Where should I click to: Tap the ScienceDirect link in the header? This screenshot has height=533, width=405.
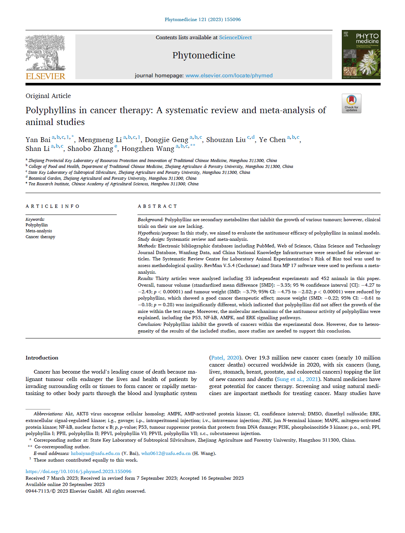pyautogui.click(x=235, y=37)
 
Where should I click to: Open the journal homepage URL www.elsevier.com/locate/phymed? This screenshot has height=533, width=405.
pyautogui.click(x=229, y=75)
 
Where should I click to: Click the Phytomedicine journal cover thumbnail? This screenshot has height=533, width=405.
pyautogui.click(x=361, y=54)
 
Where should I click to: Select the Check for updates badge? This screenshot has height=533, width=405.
pyautogui.click(x=351, y=103)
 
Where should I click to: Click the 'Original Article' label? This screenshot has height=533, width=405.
pyautogui.click(x=48, y=96)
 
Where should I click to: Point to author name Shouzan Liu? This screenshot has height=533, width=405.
pyautogui.click(x=226, y=140)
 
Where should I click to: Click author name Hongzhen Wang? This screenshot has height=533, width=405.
pyautogui.click(x=148, y=149)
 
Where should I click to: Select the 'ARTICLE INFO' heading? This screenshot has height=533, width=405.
pyautogui.click(x=52, y=206)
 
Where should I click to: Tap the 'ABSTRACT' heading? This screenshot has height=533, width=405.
pyautogui.click(x=157, y=206)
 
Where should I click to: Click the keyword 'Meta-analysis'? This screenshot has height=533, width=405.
pyautogui.click(x=39, y=231)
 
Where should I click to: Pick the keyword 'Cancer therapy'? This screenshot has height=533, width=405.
pyautogui.click(x=40, y=237)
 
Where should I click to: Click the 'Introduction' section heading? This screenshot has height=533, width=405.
pyautogui.click(x=42, y=358)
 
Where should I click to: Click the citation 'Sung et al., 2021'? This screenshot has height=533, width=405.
pyautogui.click(x=297, y=379)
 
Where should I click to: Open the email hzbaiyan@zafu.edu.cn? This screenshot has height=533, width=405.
pyautogui.click(x=95, y=453)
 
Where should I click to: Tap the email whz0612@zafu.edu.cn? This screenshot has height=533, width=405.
pyautogui.click(x=166, y=453)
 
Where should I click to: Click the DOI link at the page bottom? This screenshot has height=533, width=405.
pyautogui.click(x=78, y=472)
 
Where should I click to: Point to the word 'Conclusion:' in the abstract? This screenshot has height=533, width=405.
pyautogui.click(x=149, y=324)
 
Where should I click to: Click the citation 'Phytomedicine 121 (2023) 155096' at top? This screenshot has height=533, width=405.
pyautogui.click(x=202, y=20)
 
